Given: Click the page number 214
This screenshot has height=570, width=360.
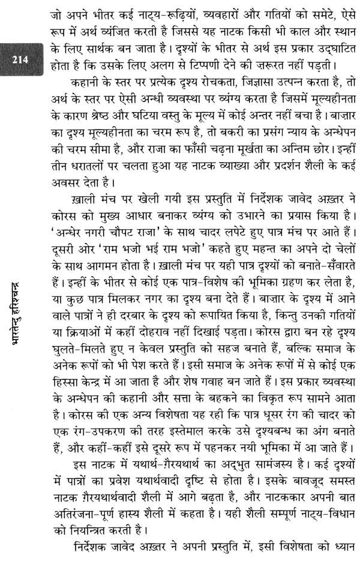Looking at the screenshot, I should click(x=19, y=59).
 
